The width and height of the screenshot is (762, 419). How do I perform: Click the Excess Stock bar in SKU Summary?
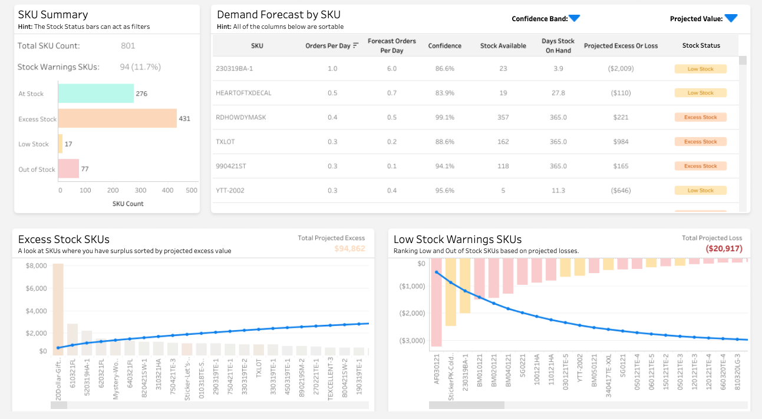pos(117,118)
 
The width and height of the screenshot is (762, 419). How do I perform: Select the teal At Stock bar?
pos(95,94)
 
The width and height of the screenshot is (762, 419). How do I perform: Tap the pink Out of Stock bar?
pos(68,169)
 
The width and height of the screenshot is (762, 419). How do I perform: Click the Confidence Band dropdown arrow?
pos(575,19)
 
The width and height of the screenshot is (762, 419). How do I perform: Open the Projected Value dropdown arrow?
pos(731,19)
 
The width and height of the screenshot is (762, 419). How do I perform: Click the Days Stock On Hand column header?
pos(558,45)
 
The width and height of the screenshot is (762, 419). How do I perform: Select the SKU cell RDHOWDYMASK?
pos(241,117)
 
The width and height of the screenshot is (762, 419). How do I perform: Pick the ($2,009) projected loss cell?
pos(621,69)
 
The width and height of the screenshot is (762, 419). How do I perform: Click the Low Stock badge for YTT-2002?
pos(700,191)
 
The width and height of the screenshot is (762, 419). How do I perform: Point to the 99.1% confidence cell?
pos(444,117)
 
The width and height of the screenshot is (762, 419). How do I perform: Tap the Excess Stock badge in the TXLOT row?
pos(700,142)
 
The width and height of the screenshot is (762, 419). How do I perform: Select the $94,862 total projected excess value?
pos(349,249)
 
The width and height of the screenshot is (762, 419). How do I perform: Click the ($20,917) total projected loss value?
pos(724,249)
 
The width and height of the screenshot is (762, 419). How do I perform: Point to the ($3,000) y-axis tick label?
pos(413,341)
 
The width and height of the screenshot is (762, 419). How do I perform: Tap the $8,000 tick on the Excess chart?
pos(36,266)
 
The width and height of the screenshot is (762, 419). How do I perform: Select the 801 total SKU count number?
pos(128,46)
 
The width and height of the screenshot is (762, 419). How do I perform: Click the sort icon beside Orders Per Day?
pos(355,46)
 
